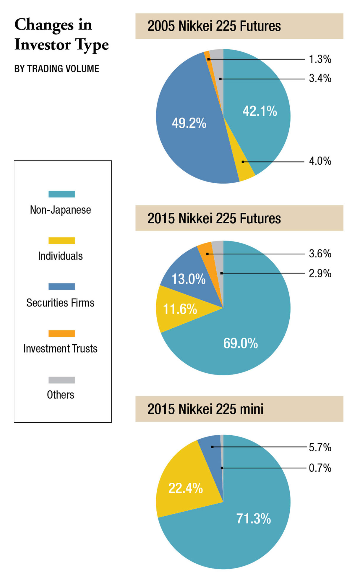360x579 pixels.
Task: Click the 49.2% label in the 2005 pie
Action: pos(189,123)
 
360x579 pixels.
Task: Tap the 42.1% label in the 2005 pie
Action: pos(260,111)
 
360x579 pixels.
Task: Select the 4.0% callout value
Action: pos(320,161)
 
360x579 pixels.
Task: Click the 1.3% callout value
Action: pos(320,59)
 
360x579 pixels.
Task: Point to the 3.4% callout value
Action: pos(320,78)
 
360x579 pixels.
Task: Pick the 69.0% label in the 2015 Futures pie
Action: pos(240,343)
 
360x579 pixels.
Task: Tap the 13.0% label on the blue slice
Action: pos(188,279)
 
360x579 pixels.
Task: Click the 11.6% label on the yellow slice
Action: pos(180,309)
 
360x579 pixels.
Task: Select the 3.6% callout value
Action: pos(320,254)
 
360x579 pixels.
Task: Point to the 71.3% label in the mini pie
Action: pos(253,519)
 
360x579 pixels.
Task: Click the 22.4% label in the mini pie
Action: pos(185,488)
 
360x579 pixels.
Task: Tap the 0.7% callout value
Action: pos(320,468)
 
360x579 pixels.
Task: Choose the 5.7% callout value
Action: pos(320,447)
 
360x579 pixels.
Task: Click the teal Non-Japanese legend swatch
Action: pos(61,194)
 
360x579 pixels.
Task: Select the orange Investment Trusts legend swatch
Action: pos(61,333)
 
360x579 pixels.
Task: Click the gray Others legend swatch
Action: pos(61,380)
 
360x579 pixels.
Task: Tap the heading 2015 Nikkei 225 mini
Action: pos(205,409)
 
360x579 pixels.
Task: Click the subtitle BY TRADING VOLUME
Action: pos(56,69)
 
